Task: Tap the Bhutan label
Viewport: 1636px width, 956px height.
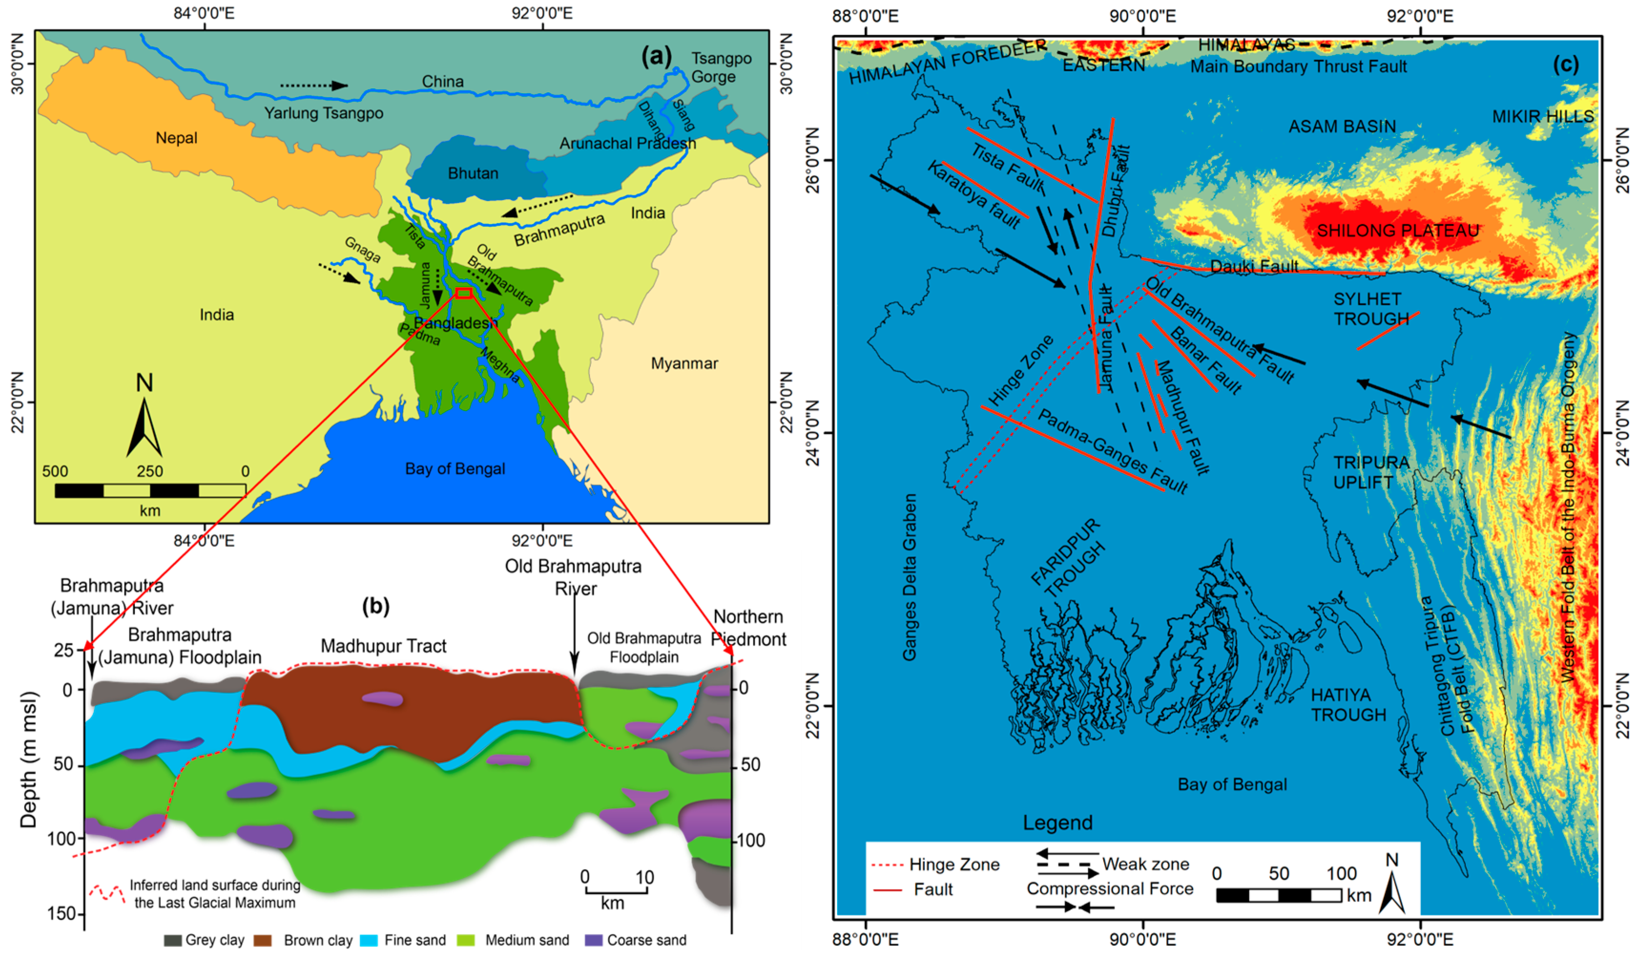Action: [x=473, y=173]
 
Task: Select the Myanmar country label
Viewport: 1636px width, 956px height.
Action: [x=684, y=364]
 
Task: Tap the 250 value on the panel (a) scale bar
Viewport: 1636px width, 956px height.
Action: [x=149, y=472]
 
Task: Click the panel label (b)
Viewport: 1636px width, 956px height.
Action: [x=376, y=606]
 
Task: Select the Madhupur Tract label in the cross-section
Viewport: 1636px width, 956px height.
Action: [x=383, y=646]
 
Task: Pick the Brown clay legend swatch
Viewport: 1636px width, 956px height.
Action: [x=262, y=940]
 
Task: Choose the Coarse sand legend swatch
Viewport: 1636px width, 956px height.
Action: [x=593, y=940]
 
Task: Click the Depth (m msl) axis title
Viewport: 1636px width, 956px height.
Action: [x=29, y=760]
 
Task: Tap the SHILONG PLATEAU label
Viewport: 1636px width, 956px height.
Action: [x=1398, y=231]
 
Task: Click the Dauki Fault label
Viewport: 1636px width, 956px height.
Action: [x=1254, y=266]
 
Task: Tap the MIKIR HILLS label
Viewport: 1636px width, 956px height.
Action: [x=1543, y=117]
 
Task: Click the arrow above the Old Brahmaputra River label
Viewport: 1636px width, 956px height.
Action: [x=574, y=640]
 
